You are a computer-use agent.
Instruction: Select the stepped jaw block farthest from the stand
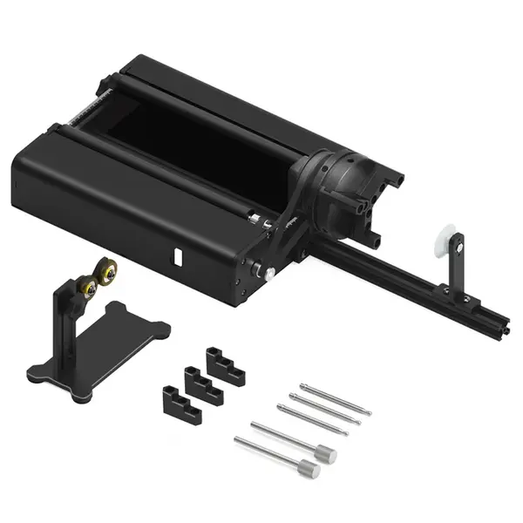[224, 364]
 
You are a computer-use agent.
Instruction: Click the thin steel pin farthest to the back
[336, 397]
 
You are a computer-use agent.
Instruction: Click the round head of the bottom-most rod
[309, 472]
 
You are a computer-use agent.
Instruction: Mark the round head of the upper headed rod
[326, 453]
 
